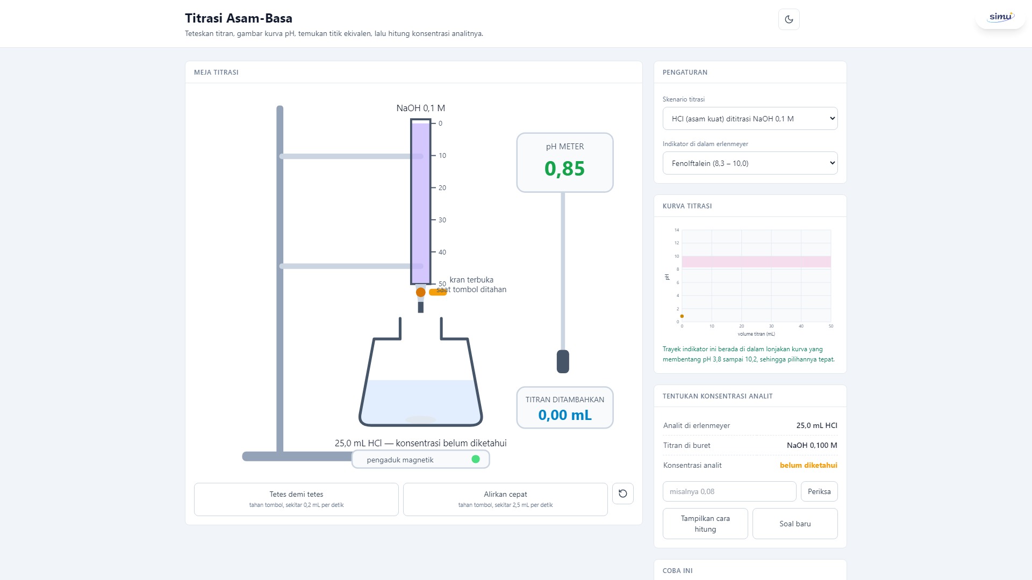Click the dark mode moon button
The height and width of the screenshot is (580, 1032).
(789, 19)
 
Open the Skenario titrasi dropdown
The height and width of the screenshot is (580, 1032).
(750, 119)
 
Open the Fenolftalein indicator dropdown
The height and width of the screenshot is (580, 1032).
(750, 163)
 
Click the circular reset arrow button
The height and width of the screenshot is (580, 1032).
(622, 494)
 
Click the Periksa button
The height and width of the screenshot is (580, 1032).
(819, 491)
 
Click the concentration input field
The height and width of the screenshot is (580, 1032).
(729, 491)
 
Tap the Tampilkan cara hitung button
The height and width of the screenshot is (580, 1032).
(705, 524)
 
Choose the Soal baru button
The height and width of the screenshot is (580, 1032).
(795, 524)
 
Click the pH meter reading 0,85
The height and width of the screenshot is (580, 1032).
(564, 169)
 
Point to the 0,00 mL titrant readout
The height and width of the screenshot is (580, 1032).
(565, 415)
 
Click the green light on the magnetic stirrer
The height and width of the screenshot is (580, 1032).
(476, 459)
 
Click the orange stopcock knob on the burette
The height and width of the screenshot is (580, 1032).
(420, 292)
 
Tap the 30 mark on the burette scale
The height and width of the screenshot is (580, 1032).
(442, 220)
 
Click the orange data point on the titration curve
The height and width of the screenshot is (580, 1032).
(682, 316)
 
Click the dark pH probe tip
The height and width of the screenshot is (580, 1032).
(563, 361)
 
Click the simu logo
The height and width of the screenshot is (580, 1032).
(1001, 17)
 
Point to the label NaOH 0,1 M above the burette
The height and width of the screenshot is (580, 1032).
(420, 108)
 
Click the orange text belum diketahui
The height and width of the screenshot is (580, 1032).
(808, 465)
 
